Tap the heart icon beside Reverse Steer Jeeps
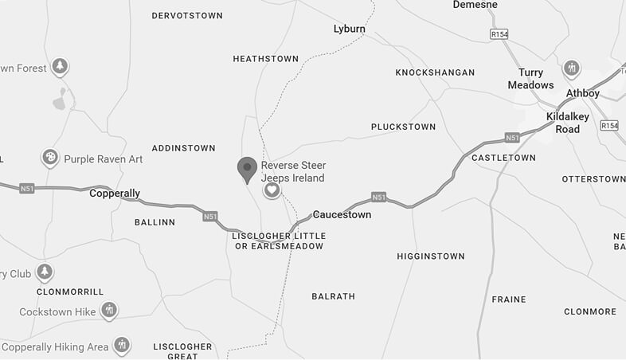coord(272,190)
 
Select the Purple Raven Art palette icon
coord(49,157)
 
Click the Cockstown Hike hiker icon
coord(109,309)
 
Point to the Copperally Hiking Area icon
coord(122,345)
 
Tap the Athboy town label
coord(582,93)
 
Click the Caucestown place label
coord(342,215)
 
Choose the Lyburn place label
coord(349,29)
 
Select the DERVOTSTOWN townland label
coord(187,15)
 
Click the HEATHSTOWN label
coord(266,59)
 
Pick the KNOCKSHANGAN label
coord(435,72)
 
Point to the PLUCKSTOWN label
coord(403,127)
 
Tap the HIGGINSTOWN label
coord(430,256)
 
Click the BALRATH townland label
coord(333,296)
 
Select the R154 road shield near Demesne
coord(499,34)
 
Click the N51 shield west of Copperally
coord(27,189)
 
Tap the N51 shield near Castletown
coord(512,137)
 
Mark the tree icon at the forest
coord(60,66)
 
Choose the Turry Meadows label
coord(530,79)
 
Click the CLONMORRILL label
coord(70,292)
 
